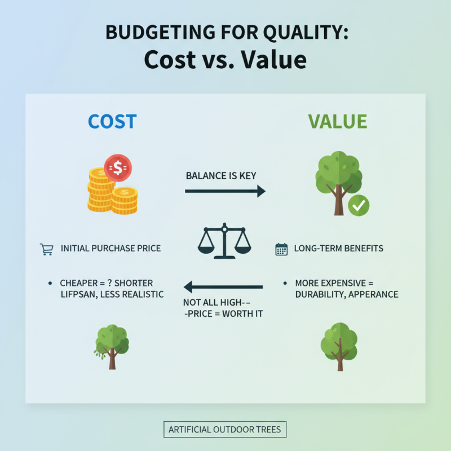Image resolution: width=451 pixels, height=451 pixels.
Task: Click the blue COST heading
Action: click(112, 122)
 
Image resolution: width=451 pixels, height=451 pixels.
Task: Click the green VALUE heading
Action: click(337, 122)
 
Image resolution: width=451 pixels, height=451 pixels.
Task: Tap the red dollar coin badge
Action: click(118, 167)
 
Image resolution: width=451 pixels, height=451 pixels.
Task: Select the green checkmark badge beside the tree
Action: click(358, 206)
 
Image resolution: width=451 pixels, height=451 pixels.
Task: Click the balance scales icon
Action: click(224, 241)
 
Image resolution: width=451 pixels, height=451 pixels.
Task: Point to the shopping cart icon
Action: click(47, 249)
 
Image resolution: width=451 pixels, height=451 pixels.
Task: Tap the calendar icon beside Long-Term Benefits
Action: click(281, 249)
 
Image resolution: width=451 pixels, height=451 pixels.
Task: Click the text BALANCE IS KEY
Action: click(221, 176)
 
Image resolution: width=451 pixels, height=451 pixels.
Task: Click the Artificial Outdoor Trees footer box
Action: click(225, 430)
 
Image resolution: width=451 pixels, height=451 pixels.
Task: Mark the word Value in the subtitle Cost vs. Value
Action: click(275, 60)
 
